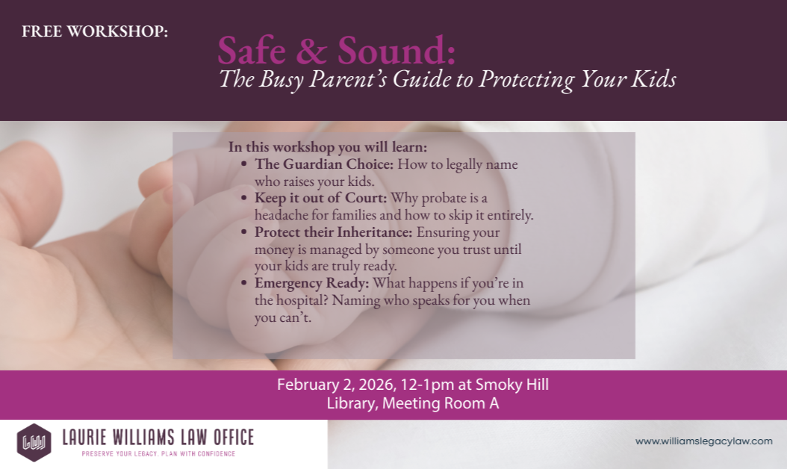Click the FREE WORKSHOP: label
[95, 32]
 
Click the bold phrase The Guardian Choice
[324, 164]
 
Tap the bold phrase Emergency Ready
[311, 283]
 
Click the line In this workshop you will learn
[328, 147]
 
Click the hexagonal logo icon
[34, 443]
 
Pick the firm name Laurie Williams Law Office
[158, 438]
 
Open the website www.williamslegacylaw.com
[703, 441]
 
